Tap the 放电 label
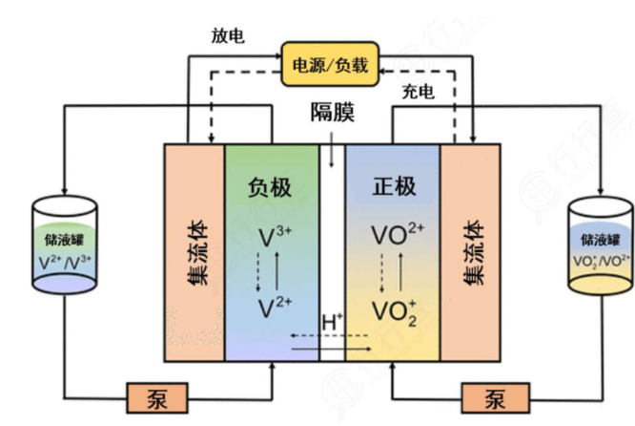pyautogui.click(x=228, y=35)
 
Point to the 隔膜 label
pyautogui.click(x=332, y=113)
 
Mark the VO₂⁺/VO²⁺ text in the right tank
pyautogui.click(x=601, y=260)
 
